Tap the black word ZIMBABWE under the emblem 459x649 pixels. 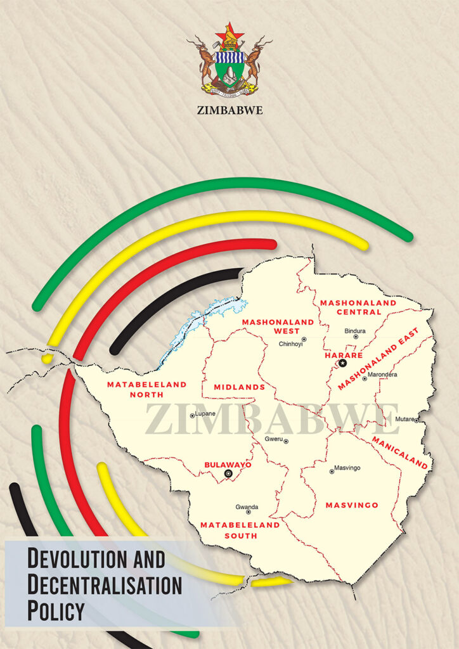pos(229,110)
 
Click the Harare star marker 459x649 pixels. pos(342,363)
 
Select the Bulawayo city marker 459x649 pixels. pos(229,473)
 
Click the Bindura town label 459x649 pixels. pos(355,331)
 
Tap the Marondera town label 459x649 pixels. pos(384,375)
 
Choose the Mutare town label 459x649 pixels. pos(404,419)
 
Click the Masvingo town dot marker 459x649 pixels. pos(332,471)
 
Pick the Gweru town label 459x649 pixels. pos(274,439)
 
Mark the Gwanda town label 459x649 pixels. pos(247,507)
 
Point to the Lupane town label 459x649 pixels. pos(205,414)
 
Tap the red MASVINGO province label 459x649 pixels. pos(352,505)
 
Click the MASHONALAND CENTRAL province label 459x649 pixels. pos(358,307)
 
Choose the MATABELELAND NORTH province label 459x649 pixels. pos(146,389)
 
